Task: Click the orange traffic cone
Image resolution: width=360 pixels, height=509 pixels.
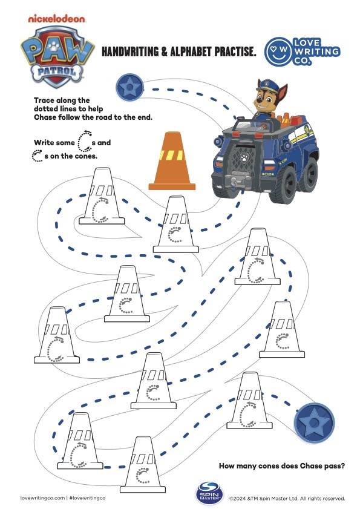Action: pyautogui.click(x=172, y=162)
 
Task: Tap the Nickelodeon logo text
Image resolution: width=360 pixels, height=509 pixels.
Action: pyautogui.click(x=57, y=19)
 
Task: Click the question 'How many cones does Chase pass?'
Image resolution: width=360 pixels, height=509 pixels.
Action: pyautogui.click(x=281, y=465)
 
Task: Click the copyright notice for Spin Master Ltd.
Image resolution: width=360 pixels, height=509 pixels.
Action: pyautogui.click(x=287, y=499)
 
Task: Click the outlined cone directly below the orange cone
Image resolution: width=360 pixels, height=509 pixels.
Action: pyautogui.click(x=176, y=225)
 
